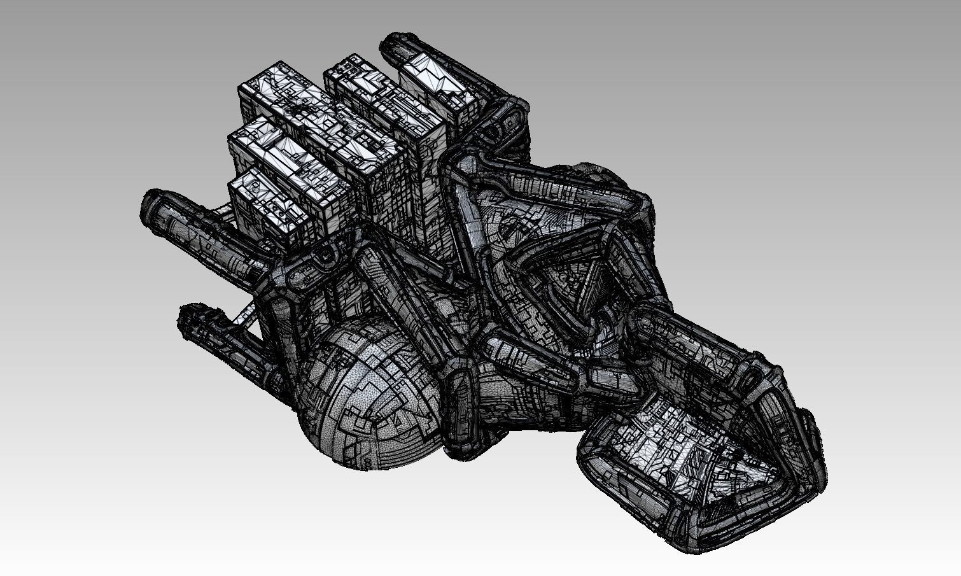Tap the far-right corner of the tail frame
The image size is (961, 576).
[818, 474]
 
